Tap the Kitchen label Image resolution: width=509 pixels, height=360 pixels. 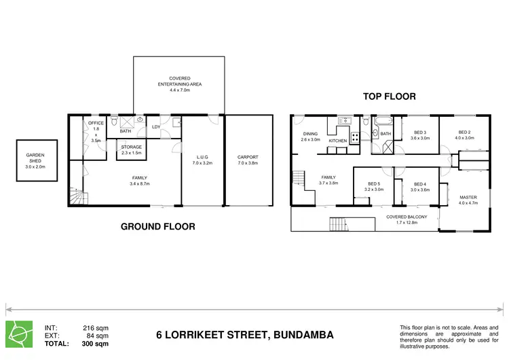point(338,141)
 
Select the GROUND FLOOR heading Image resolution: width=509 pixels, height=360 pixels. point(157,227)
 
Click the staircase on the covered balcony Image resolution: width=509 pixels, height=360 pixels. point(337,224)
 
